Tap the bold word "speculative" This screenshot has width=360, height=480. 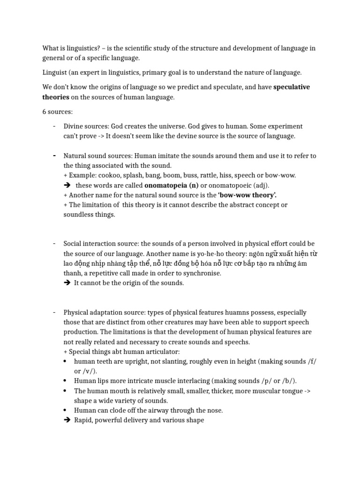[292, 87]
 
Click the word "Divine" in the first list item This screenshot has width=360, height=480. [73, 127]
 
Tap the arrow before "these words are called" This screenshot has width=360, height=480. [67, 185]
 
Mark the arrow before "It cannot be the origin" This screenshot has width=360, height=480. [67, 283]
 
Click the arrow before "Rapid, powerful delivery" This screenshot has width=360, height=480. [67, 420]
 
